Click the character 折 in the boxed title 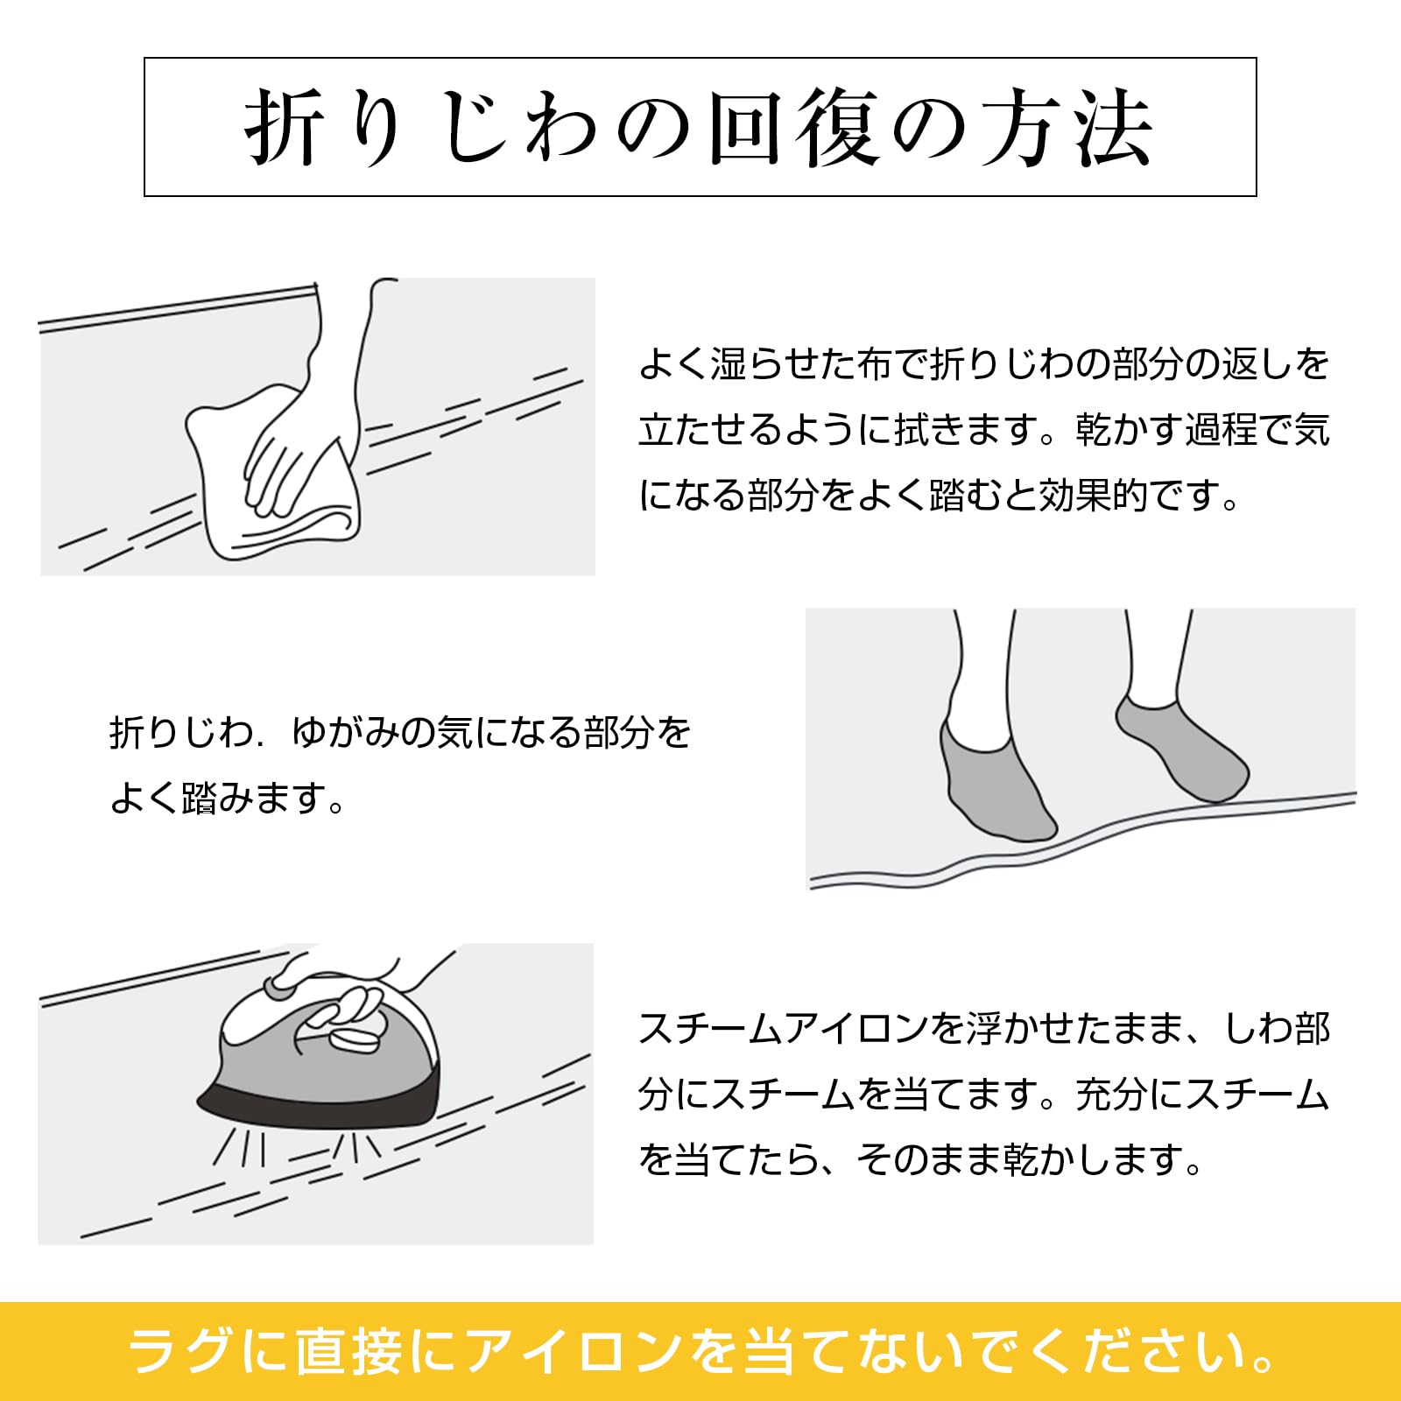pos(284,128)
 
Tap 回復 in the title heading pos(793,128)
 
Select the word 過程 pos(1221,430)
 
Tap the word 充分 pos(1111,1095)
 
